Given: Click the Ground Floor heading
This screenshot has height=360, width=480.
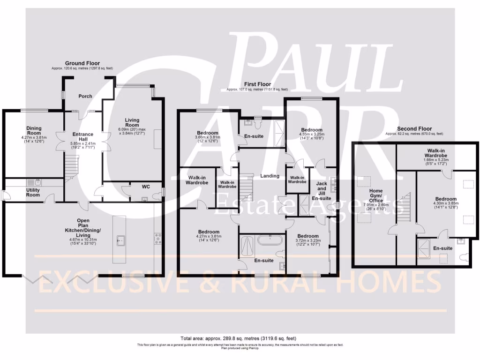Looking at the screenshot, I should point(82,63).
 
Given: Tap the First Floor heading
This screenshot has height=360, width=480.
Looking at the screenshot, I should point(257,84).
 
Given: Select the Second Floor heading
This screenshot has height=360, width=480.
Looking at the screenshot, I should point(414,129).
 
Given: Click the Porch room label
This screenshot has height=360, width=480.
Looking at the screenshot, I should point(85,97).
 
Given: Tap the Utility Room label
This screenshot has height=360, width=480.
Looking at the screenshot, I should point(33,192).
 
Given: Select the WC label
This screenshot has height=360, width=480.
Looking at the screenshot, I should point(146,187).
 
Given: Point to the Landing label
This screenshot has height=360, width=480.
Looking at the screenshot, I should point(270,176).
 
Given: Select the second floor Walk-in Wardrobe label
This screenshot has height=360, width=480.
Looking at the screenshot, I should point(435,153).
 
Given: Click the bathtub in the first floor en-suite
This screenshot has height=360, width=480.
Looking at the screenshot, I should point(270,241).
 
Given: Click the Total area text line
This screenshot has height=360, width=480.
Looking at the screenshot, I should point(238,338).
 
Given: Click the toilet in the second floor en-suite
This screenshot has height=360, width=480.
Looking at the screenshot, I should point(465,257).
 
